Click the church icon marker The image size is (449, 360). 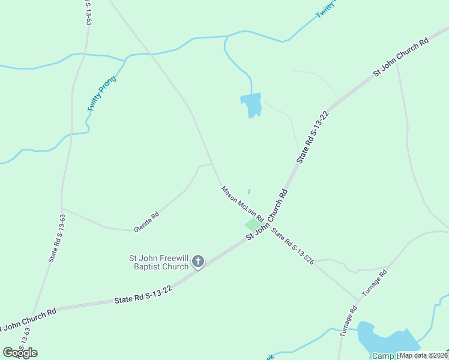click(x=198, y=262)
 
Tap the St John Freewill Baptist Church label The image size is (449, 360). click(x=159, y=263)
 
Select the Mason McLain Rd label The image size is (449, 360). click(x=242, y=203)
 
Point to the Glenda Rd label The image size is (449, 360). click(x=146, y=221)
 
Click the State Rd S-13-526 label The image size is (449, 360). click(x=292, y=247)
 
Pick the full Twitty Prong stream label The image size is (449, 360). click(x=102, y=94)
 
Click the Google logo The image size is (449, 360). click(x=20, y=353)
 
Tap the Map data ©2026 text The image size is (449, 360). click(x=423, y=355)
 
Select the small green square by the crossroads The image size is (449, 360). click(x=251, y=224)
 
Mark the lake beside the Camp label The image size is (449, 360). click(x=387, y=339)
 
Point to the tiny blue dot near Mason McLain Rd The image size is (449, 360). click(x=249, y=192)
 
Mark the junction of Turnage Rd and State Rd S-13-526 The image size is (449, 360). click(x=359, y=299)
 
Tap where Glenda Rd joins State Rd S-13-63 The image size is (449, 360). click(x=62, y=209)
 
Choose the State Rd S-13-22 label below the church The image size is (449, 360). click(x=143, y=295)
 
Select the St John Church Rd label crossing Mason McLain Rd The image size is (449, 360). click(x=267, y=214)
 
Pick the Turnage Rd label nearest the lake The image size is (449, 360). click(x=348, y=322)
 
